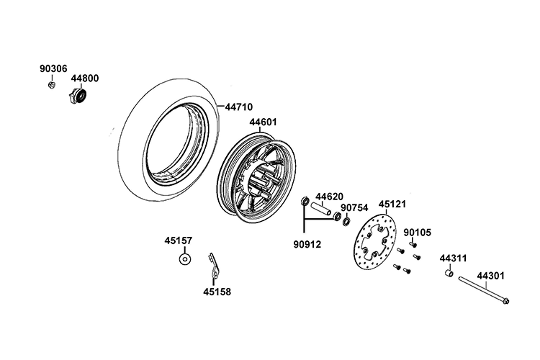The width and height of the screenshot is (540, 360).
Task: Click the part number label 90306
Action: (x=53, y=69)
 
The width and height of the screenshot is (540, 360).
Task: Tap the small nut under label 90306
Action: (x=52, y=85)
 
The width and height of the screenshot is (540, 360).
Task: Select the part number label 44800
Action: (x=85, y=78)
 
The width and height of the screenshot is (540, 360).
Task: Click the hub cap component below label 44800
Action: (x=77, y=96)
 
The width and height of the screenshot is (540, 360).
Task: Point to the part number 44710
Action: (x=239, y=107)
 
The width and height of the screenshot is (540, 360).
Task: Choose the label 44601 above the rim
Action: (x=263, y=122)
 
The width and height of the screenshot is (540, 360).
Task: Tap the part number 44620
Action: (x=330, y=197)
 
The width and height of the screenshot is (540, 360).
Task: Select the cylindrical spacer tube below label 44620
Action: (x=321, y=209)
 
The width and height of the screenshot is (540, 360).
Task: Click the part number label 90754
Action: (x=354, y=208)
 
